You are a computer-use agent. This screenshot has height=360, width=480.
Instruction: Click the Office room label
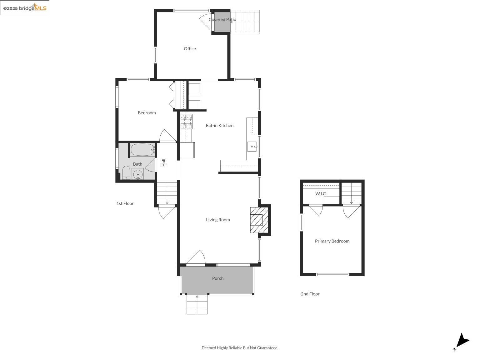pyautogui.click(x=190, y=48)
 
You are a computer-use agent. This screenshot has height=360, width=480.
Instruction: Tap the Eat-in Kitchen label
pyautogui.click(x=219, y=125)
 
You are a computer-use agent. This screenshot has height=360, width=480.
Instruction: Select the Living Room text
pyautogui.click(x=218, y=220)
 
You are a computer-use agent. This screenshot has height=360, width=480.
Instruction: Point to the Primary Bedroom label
pyautogui.click(x=332, y=241)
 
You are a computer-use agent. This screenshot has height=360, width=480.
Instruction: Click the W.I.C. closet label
pyautogui.click(x=321, y=193)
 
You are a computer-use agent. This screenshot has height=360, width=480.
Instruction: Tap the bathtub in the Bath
pyautogui.click(x=142, y=150)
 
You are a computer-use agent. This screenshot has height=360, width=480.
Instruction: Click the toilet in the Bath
pyautogui.click(x=126, y=172)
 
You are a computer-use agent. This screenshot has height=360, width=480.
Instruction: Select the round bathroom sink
pyautogui.click(x=137, y=174)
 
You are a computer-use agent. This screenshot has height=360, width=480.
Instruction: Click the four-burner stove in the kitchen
pyautogui.click(x=186, y=122)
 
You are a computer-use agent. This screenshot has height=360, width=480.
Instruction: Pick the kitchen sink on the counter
pyautogui.click(x=252, y=146)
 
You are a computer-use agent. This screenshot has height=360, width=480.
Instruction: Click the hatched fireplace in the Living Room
pyautogui.click(x=259, y=220)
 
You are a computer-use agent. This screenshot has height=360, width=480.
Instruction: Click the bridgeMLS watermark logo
pyautogui.click(x=25, y=8)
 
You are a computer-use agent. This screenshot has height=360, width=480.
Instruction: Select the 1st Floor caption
pyautogui.click(x=125, y=203)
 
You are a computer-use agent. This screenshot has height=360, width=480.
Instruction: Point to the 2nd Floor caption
pyautogui.click(x=310, y=294)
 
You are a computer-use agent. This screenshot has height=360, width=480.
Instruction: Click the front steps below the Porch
pyautogui.click(x=197, y=304)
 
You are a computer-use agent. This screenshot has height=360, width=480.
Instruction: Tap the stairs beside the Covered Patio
pyautogui.click(x=245, y=22)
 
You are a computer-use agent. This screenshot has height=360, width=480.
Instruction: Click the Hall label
pyautogui.click(x=163, y=162)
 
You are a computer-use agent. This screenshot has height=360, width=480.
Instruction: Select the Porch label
pyautogui.click(x=218, y=278)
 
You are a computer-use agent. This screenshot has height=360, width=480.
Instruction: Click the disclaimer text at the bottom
pyautogui.click(x=240, y=347)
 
